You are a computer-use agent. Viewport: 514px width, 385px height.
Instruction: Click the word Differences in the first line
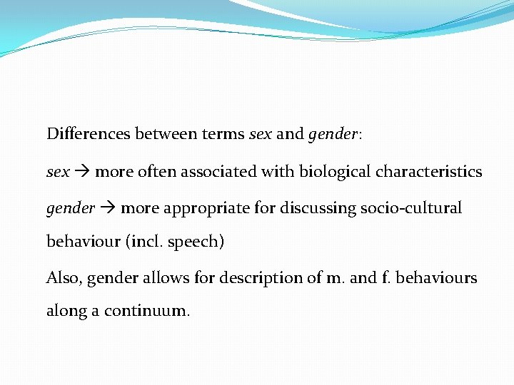click(89, 133)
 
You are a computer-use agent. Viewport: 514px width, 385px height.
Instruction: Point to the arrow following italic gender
click(108, 209)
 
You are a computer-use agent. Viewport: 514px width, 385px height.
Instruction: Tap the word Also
click(64, 277)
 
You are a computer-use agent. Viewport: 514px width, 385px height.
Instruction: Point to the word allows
click(161, 277)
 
